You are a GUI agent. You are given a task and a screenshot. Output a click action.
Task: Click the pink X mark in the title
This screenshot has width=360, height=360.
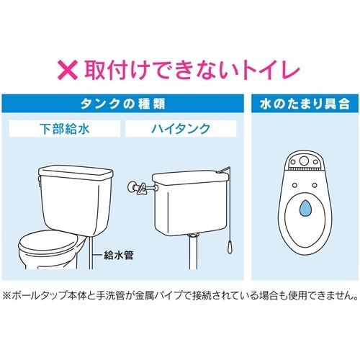[68, 70]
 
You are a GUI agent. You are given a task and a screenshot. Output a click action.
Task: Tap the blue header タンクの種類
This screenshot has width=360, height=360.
[122, 104]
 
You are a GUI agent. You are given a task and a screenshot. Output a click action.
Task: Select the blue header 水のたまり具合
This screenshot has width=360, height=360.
[305, 104]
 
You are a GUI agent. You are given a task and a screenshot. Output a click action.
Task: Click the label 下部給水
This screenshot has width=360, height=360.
[65, 128]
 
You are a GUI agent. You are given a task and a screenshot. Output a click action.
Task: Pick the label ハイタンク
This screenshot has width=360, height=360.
[181, 128]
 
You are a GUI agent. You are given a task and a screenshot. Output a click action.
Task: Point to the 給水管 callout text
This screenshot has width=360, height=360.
[119, 255]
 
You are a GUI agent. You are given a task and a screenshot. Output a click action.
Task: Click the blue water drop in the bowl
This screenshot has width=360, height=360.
[305, 207]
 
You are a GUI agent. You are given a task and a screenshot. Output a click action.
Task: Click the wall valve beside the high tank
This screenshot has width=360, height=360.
[137, 187]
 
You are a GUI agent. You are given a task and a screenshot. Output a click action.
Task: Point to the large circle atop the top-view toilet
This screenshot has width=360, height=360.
[304, 161]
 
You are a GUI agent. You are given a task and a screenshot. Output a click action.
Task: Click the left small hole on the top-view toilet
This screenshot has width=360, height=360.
[294, 185]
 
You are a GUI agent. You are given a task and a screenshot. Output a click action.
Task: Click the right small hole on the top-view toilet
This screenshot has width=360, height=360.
[315, 185]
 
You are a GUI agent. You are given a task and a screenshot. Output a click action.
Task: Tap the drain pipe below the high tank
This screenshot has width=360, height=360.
[193, 251]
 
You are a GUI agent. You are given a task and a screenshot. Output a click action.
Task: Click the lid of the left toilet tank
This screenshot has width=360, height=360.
[76, 174]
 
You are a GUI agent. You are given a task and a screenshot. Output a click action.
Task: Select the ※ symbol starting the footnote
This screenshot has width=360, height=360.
[6, 295]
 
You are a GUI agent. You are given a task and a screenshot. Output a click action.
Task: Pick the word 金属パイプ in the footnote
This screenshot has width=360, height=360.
[158, 295]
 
